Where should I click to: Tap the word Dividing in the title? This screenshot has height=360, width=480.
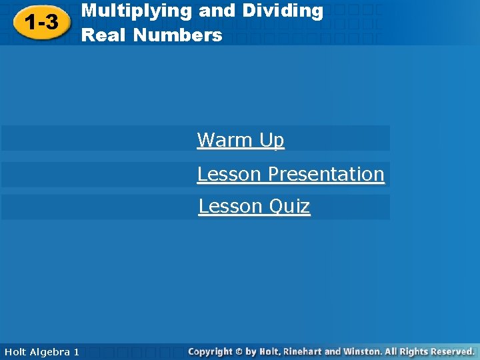pos(283,11)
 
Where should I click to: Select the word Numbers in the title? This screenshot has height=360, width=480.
pos(178,35)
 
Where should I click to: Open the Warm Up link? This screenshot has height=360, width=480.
pos(241,140)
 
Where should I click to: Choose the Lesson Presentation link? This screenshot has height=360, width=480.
pos(291,174)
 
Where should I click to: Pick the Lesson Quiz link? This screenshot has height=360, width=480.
pos(254,207)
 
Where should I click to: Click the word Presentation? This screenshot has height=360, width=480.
pos(326,174)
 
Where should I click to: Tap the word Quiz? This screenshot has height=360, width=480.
pos(289,207)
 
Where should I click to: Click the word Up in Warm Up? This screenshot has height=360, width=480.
pos(271,140)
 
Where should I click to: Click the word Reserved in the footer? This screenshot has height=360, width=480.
pos(451,351)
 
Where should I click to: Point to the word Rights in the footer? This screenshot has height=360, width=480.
pos(412,351)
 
